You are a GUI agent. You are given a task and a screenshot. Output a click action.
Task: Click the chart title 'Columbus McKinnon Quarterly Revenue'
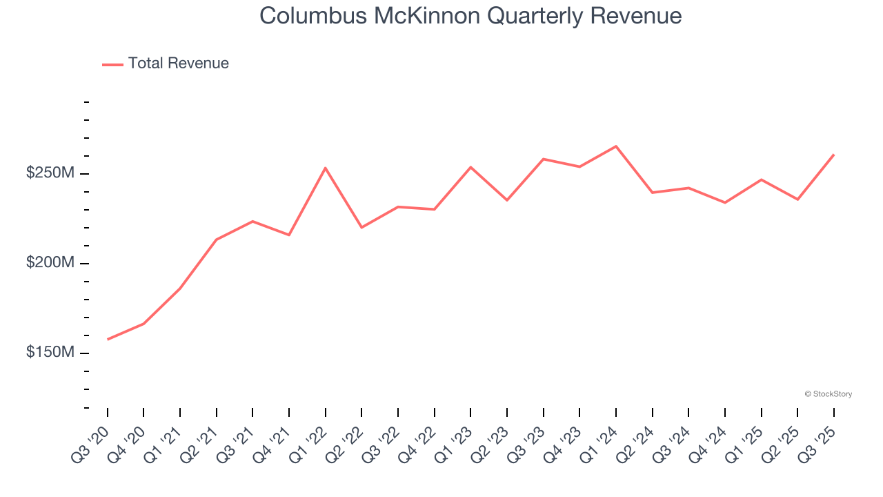470,16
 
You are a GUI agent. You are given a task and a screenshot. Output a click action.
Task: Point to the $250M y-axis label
50,173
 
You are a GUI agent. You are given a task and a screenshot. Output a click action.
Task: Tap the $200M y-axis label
50,263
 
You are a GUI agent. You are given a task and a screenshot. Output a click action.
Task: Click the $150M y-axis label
50,353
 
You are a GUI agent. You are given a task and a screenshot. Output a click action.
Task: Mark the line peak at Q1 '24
615,146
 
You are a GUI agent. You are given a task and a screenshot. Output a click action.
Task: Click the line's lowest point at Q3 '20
108,340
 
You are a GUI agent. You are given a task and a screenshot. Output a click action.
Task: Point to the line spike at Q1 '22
325,168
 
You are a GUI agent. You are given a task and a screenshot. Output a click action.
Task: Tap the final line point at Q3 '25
833,155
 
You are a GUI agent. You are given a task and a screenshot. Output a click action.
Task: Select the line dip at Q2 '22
361,227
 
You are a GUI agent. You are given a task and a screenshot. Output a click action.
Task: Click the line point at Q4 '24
724,202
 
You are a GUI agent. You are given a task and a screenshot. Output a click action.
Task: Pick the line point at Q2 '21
217,240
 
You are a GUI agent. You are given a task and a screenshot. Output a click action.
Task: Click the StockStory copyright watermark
828,394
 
